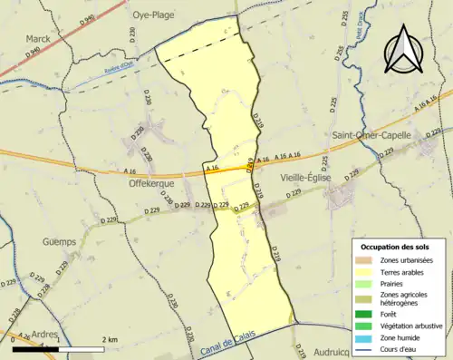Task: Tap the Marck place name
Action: pyautogui.click(x=38, y=39)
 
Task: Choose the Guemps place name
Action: pyautogui.click(x=61, y=242)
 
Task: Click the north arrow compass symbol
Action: pyautogui.click(x=403, y=50)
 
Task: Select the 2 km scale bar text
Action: pyautogui.click(x=109, y=339)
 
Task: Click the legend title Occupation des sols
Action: pyautogui.click(x=395, y=248)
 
